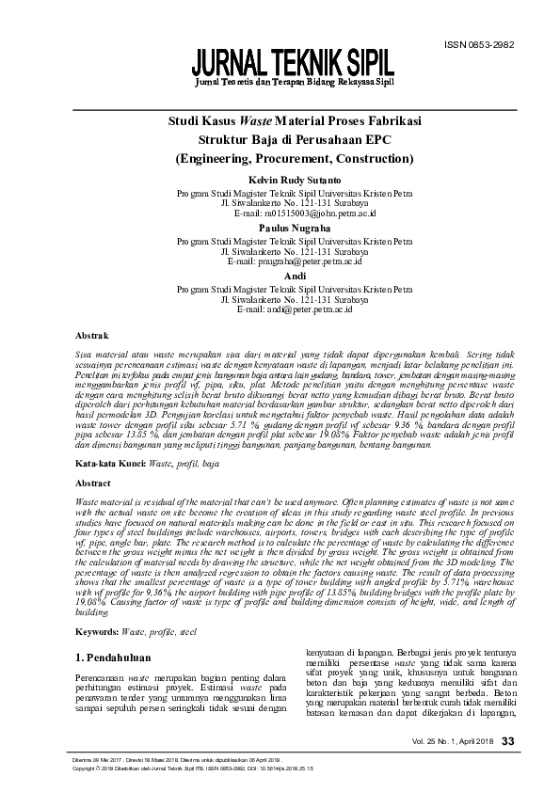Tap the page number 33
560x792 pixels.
(508, 743)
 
